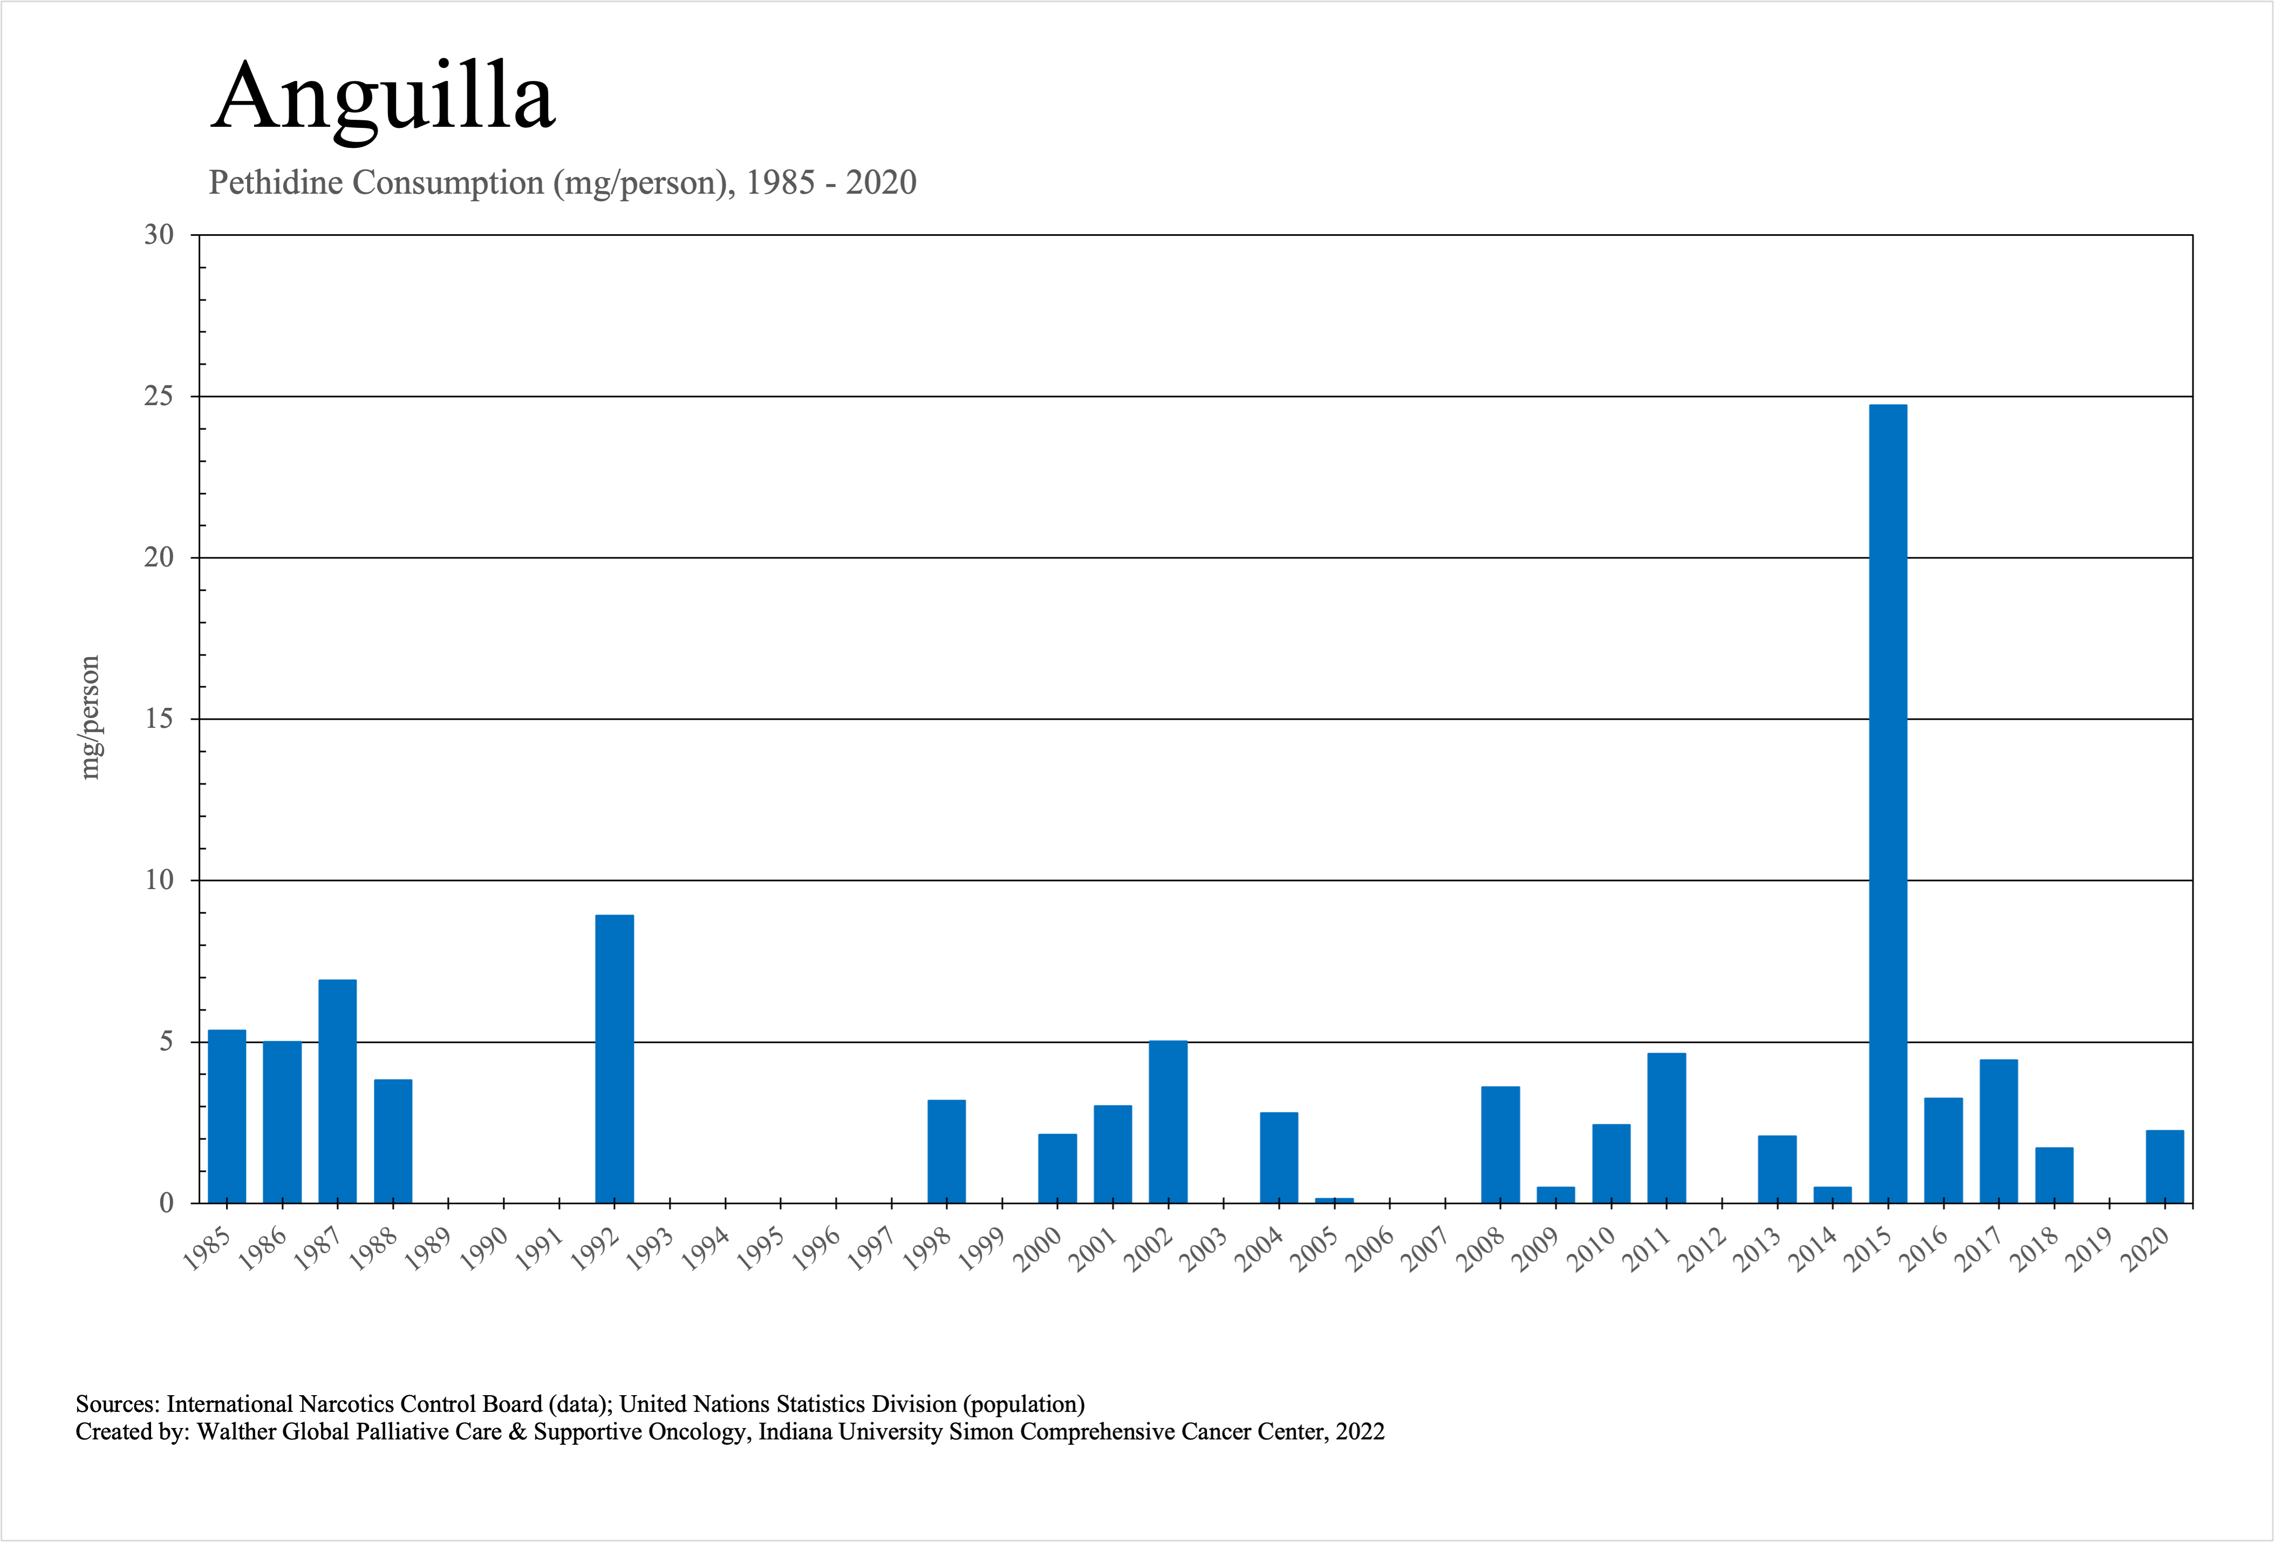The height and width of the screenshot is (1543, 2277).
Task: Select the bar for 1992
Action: [x=614, y=1058]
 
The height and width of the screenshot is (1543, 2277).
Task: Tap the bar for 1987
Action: [x=337, y=1090]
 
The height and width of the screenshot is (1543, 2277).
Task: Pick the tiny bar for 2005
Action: [x=1334, y=1200]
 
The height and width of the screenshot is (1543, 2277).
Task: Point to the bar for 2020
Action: [x=2164, y=1166]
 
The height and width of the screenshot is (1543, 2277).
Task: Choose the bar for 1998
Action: [x=947, y=1151]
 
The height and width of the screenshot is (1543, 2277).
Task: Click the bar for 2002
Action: [x=1168, y=1122]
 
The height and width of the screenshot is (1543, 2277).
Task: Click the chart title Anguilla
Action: [x=383, y=96]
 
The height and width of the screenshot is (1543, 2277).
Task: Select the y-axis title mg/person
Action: [x=90, y=717]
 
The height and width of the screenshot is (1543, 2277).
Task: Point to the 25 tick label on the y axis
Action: [x=159, y=397]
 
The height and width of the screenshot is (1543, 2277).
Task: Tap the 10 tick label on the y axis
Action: [x=159, y=880]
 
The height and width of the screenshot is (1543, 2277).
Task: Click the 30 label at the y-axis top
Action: [x=159, y=235]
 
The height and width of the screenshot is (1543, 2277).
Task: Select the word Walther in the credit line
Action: [x=237, y=1432]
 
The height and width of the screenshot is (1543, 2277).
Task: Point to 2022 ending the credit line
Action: [x=1360, y=1432]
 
